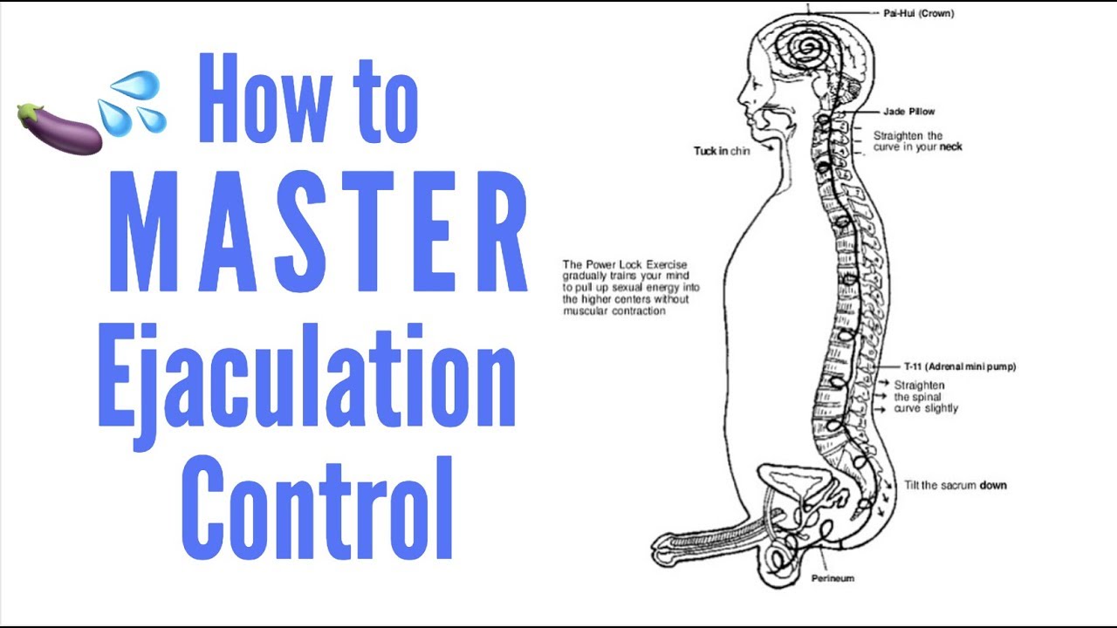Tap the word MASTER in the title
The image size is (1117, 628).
coord(319,231)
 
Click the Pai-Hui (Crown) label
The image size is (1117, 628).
coord(919,13)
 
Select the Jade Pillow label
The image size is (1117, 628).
coord(909,112)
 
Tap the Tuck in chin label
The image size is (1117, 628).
coord(722,151)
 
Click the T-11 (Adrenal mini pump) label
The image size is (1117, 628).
coord(960,367)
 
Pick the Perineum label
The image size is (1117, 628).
coord(833,578)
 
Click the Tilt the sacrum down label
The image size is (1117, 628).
coord(956,485)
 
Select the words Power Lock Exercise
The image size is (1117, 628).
coord(636,264)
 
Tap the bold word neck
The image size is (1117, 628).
coord(950,147)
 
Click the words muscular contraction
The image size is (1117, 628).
coord(614,311)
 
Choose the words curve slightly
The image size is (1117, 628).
coord(926,408)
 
